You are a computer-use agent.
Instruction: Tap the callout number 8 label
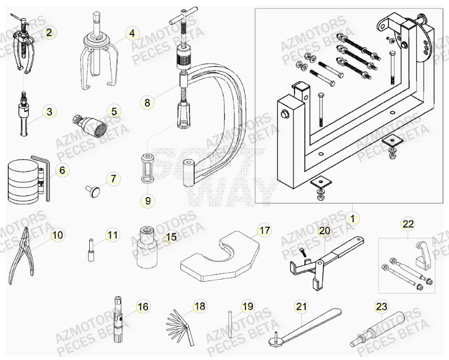[x=147, y=103]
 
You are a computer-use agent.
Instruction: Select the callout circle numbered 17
[x=265, y=229]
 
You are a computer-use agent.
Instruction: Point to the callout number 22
[x=408, y=224]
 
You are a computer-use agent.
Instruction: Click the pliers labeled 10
[x=21, y=258]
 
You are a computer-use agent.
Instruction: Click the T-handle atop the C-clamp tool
[x=183, y=18]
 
